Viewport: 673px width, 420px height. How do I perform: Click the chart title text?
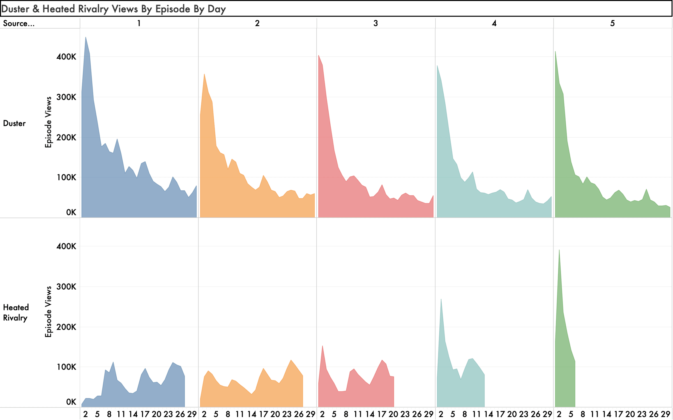(113, 9)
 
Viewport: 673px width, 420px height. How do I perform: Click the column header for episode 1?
(139, 23)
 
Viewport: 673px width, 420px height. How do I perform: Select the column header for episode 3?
(375, 23)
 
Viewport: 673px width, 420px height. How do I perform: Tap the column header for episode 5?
(612, 23)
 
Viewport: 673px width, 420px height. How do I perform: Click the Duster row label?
(14, 123)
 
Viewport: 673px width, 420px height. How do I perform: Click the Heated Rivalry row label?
(16, 313)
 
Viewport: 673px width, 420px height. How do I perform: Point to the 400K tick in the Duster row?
(66, 57)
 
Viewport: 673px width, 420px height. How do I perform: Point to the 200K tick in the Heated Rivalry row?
(66, 327)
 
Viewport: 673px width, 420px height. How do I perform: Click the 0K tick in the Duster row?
(71, 213)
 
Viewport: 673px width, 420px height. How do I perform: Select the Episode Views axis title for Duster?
(48, 122)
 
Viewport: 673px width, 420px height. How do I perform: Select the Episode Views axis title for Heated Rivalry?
(48, 312)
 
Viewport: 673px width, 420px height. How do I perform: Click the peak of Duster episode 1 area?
(86, 37)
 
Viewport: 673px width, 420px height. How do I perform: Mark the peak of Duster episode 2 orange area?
(204, 74)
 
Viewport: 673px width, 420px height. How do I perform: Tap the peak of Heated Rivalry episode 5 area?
(559, 250)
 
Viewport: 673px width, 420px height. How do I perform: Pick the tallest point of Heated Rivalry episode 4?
(441, 299)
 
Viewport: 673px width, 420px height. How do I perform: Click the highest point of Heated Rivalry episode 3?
(322, 346)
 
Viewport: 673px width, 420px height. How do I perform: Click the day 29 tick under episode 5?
(665, 414)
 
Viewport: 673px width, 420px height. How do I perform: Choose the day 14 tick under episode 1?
(133, 414)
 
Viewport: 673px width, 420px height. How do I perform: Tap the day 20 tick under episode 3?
(393, 414)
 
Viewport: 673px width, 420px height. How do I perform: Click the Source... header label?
(19, 24)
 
